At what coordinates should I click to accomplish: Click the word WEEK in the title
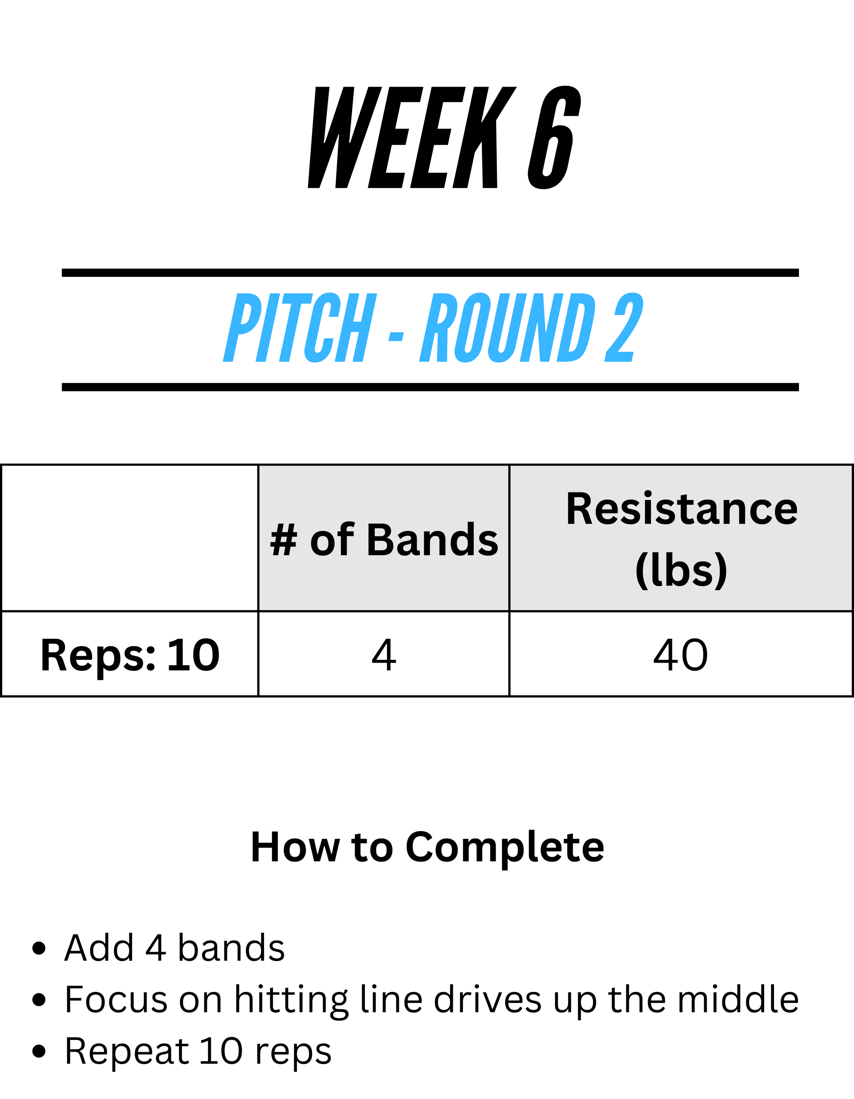pyautogui.click(x=412, y=137)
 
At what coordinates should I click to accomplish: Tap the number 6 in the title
pyautogui.click(x=554, y=137)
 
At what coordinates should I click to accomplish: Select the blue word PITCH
pyautogui.click(x=300, y=328)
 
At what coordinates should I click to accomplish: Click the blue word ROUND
pyautogui.click(x=507, y=328)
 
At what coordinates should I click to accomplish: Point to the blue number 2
pyautogui.click(x=624, y=328)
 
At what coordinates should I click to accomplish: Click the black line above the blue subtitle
pyautogui.click(x=430, y=273)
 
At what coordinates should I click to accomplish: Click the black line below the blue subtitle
pyautogui.click(x=430, y=387)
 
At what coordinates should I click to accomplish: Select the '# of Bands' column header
pyautogui.click(x=384, y=540)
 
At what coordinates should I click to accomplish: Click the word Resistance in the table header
pyautogui.click(x=682, y=509)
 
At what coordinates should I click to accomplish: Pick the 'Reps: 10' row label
pyautogui.click(x=130, y=655)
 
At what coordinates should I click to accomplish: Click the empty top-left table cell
pyautogui.click(x=130, y=538)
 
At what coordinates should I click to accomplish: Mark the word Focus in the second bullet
pyautogui.click(x=116, y=999)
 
